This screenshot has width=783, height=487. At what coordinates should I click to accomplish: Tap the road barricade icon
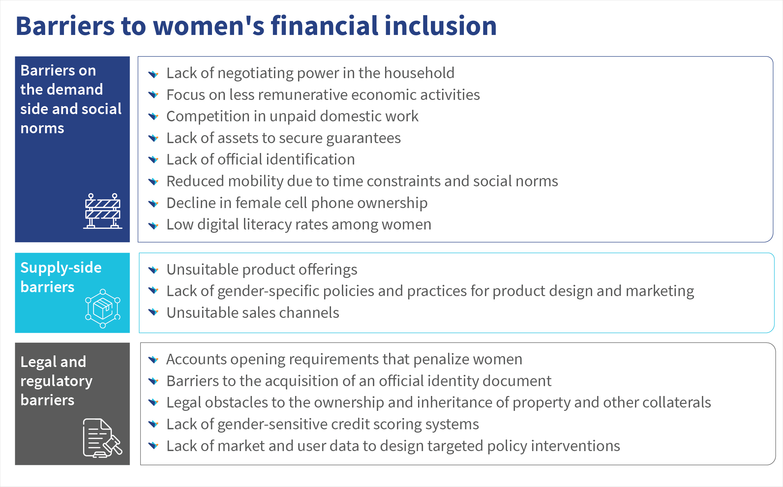coord(103,211)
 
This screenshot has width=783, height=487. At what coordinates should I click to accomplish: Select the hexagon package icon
coord(103,309)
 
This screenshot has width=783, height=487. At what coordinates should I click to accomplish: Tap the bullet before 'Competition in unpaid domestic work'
coord(153,116)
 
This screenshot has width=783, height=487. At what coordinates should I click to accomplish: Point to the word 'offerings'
coord(325,270)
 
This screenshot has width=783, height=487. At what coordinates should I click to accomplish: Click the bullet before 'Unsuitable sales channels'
coord(153,312)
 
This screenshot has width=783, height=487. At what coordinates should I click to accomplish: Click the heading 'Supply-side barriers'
coord(61,277)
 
